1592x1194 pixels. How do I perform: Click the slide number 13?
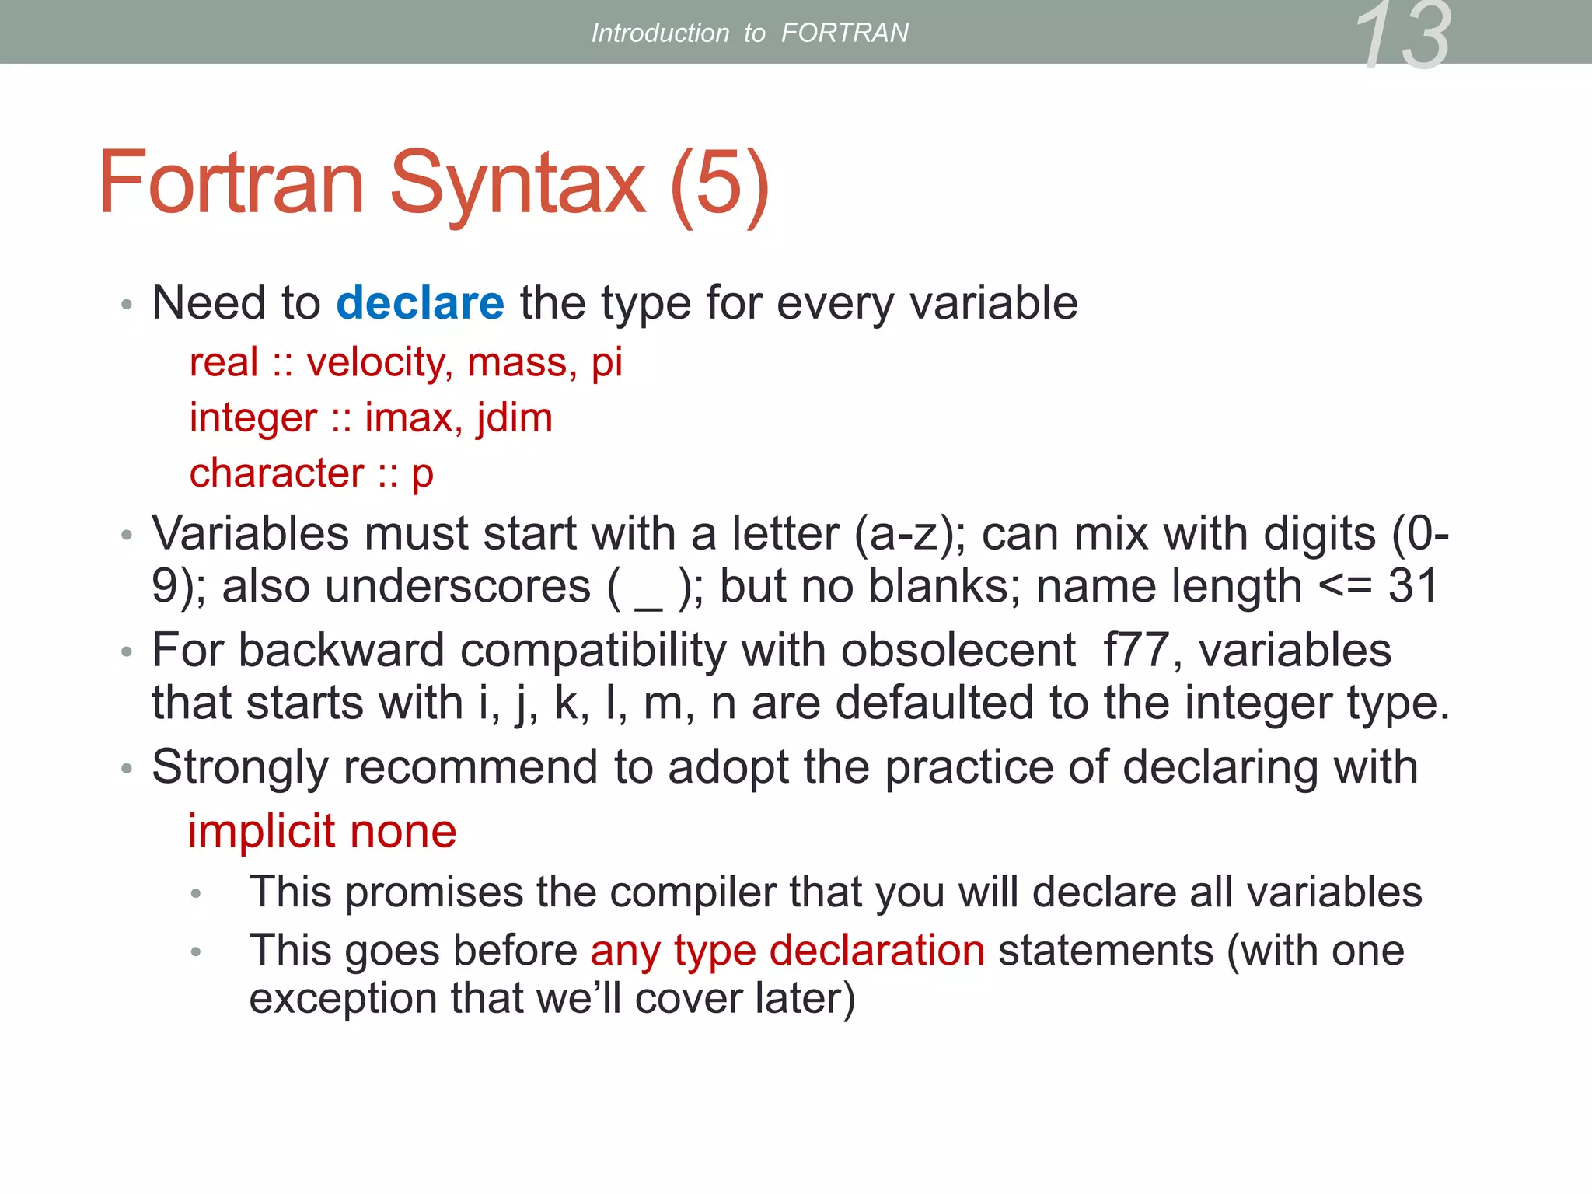click(1403, 36)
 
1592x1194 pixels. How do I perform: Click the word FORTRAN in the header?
click(844, 33)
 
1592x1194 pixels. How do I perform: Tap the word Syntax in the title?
click(517, 183)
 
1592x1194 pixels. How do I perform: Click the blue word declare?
click(420, 302)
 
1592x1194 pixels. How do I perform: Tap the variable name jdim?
click(514, 418)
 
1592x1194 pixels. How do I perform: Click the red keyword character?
click(277, 473)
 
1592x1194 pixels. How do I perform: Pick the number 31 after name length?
click(1413, 585)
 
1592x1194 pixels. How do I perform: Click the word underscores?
click(458, 586)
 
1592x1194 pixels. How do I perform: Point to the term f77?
click(1136, 650)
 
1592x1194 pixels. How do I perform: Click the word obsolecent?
click(958, 650)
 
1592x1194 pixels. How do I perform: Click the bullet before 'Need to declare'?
click(127, 304)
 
